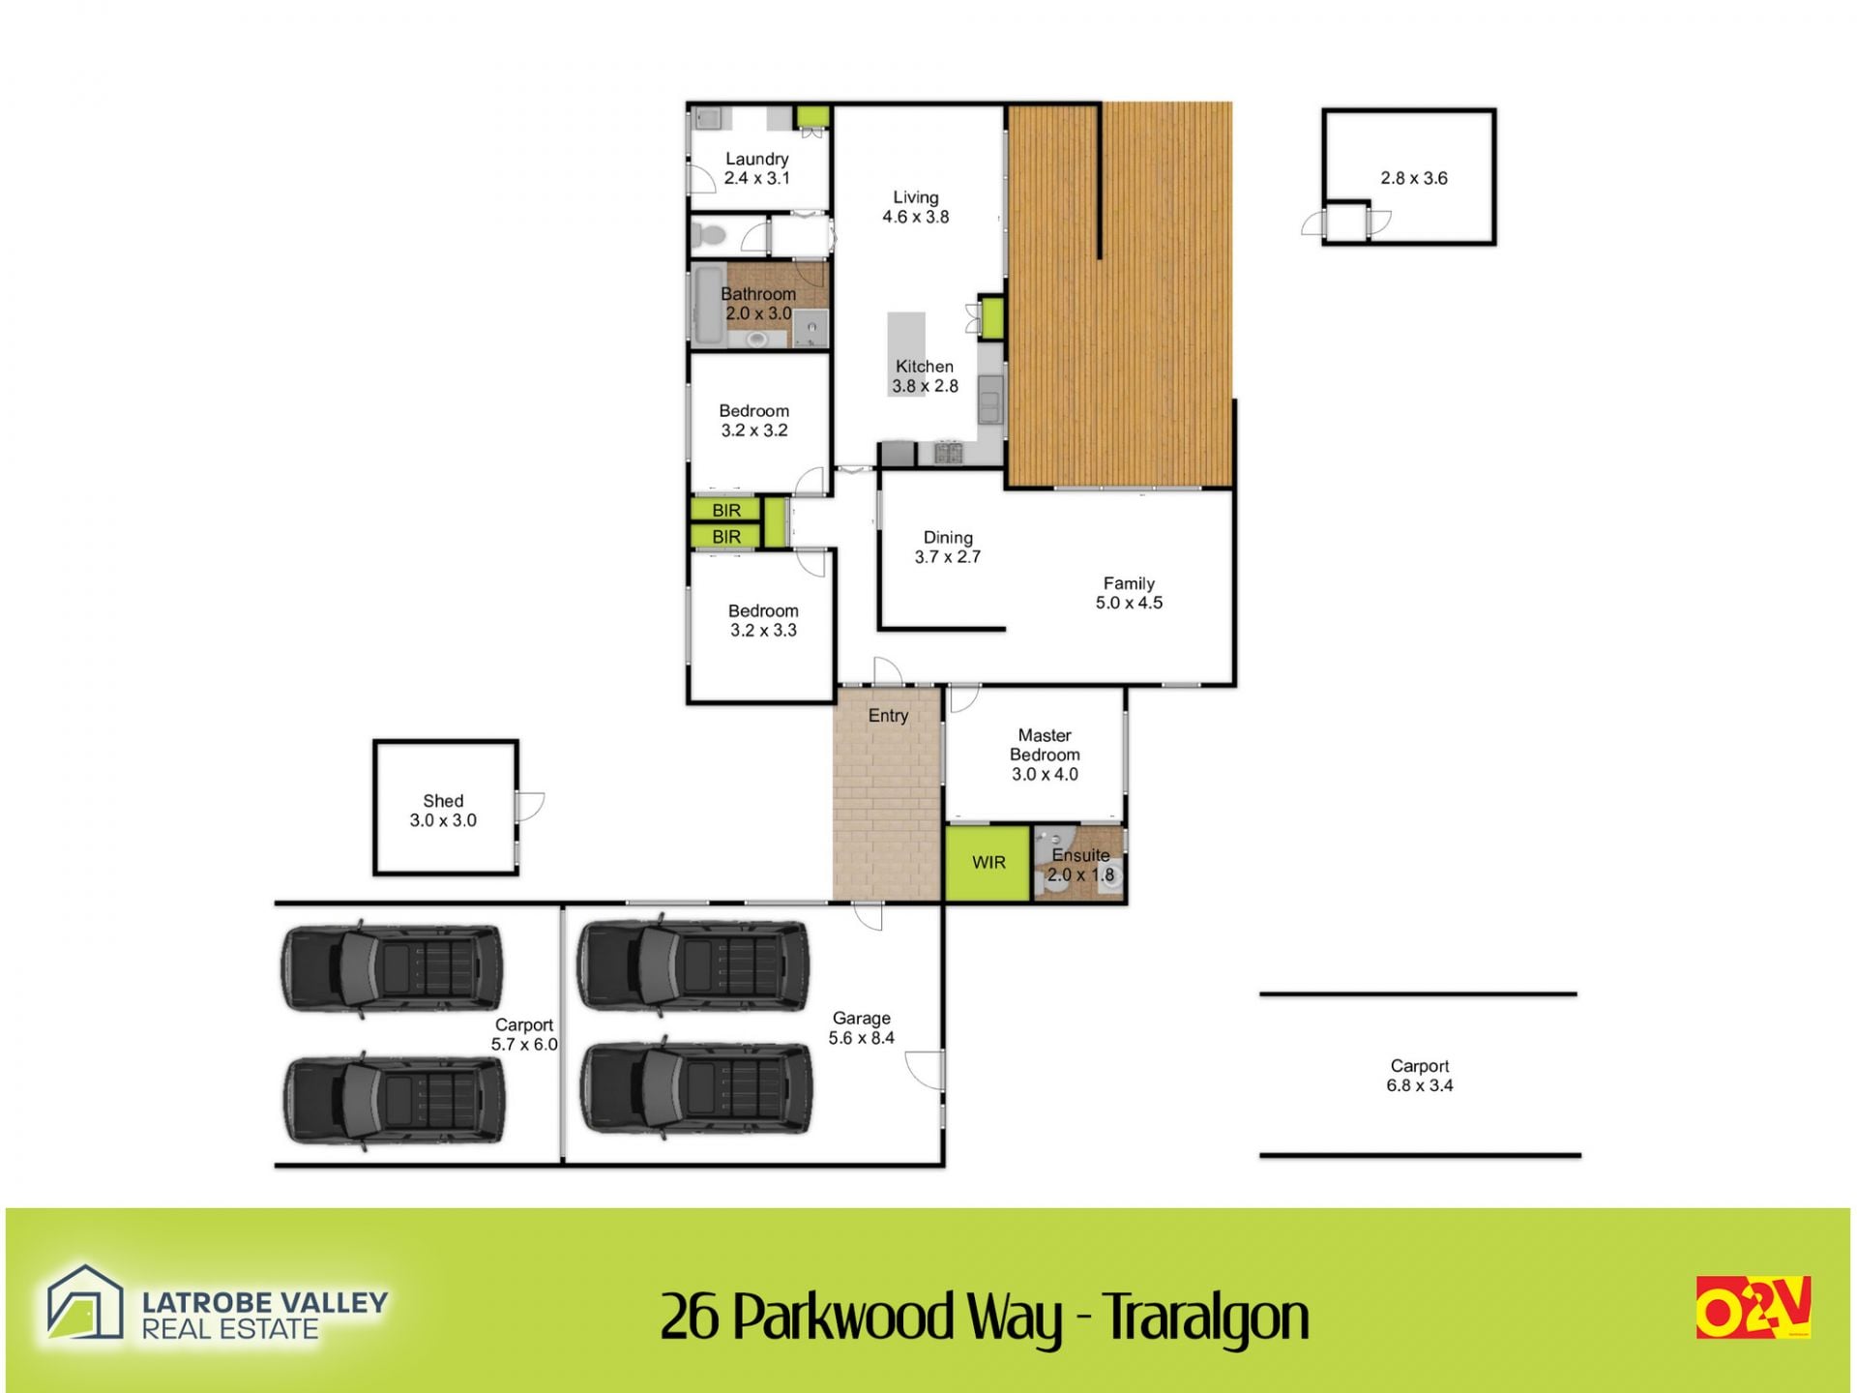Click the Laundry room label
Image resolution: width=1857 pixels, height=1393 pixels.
tap(757, 168)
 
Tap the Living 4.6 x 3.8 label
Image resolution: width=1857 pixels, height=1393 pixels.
tap(915, 207)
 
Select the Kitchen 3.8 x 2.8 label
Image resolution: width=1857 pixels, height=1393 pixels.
tap(925, 376)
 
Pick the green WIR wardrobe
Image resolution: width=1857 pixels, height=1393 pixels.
tap(987, 863)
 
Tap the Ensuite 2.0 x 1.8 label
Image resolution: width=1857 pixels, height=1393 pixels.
tap(1080, 865)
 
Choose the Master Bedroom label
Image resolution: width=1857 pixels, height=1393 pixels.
tap(1045, 755)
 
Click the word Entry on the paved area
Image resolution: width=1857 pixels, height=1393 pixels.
tap(888, 716)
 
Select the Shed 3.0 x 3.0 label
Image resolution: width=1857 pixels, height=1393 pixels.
tap(443, 811)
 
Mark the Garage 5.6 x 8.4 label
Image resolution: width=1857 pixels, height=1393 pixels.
tap(861, 1028)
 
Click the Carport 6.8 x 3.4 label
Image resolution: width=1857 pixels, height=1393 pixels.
tap(1420, 1076)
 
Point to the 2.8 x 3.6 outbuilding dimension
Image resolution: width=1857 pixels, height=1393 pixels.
tap(1414, 178)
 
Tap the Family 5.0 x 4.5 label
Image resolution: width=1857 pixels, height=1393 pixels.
tap(1129, 593)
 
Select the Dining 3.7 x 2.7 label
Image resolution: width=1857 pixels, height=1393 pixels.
tap(948, 547)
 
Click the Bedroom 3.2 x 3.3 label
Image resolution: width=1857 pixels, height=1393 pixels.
tap(763, 620)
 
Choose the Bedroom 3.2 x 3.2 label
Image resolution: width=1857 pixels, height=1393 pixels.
tap(754, 421)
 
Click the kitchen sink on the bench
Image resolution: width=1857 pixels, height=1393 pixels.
tap(989, 400)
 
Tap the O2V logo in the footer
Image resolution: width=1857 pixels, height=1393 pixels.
tap(1753, 1307)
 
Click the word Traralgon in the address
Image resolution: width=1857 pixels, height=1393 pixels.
tap(1206, 1318)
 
